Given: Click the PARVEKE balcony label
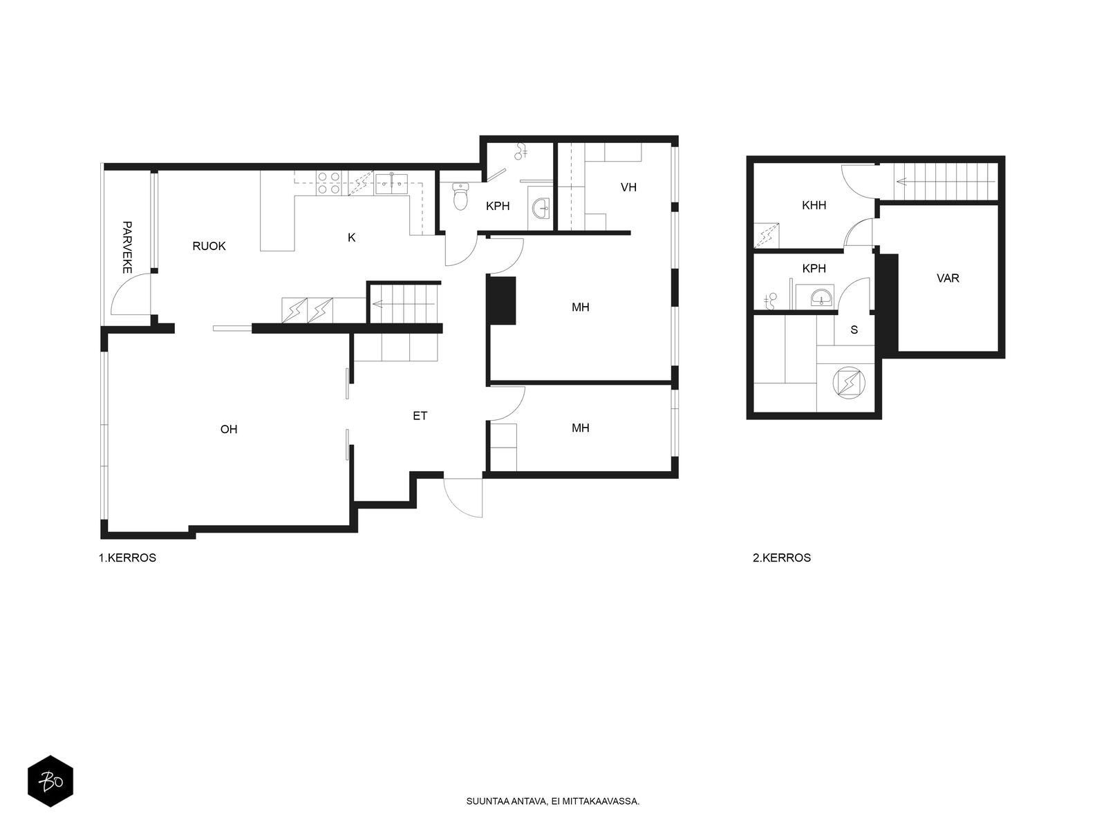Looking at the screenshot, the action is click(x=127, y=247).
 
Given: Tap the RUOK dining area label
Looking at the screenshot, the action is click(x=209, y=246).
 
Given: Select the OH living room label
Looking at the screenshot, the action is click(x=229, y=429).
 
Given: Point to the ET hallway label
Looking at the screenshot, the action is click(x=420, y=416).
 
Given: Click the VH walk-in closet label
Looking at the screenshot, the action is click(x=628, y=187).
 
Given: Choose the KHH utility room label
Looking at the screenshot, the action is click(x=814, y=205).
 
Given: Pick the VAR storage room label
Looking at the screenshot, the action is click(x=948, y=278).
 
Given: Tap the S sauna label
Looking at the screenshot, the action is click(x=854, y=330).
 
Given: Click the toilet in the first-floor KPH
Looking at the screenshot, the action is click(x=460, y=196).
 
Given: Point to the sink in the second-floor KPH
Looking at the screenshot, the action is click(x=822, y=298).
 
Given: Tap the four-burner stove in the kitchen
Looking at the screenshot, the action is click(x=329, y=183).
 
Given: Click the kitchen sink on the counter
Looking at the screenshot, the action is click(x=391, y=184).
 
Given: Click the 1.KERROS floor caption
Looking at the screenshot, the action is click(x=127, y=558).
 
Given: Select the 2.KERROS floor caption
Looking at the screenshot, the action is click(x=782, y=558).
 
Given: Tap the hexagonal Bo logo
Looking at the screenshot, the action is click(x=50, y=781).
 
